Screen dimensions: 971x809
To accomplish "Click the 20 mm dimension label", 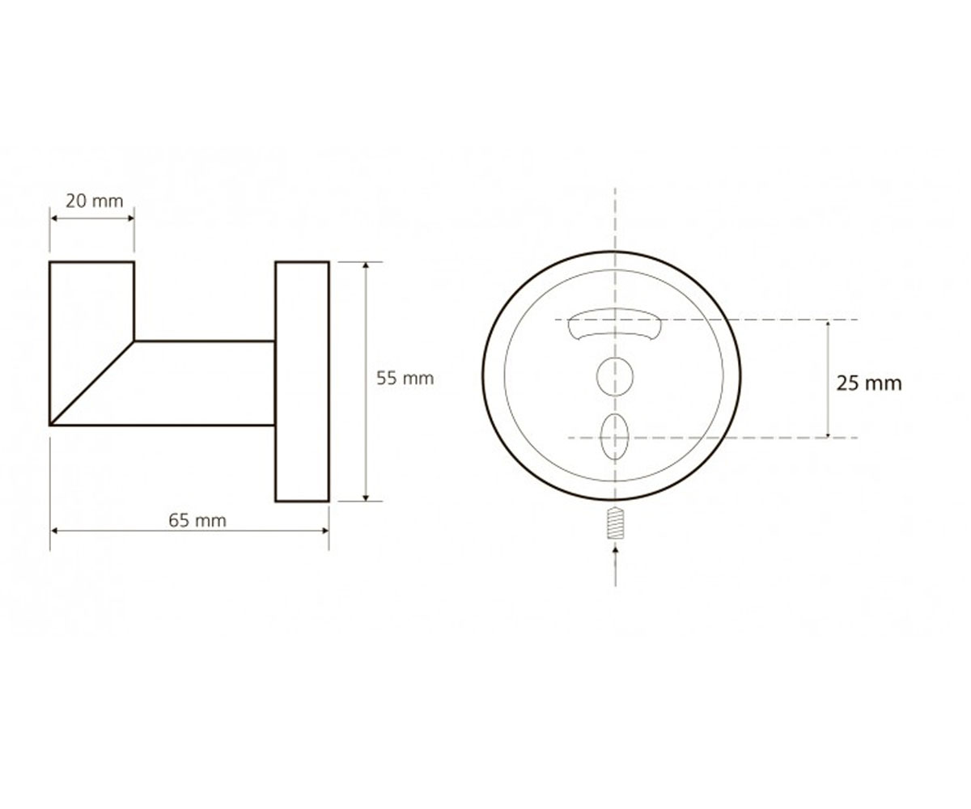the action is [95, 201].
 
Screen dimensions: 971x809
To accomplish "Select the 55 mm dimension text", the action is [405, 379].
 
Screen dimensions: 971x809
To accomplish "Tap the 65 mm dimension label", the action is [197, 520].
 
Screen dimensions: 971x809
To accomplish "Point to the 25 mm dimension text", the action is [869, 383].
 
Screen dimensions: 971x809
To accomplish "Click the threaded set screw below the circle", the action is [615, 523].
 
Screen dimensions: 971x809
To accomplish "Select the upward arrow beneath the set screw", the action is [615, 566].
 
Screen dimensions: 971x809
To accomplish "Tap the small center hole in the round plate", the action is [614, 377].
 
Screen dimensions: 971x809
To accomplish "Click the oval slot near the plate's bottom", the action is [614, 437].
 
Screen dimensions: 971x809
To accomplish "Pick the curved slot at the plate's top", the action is [614, 324].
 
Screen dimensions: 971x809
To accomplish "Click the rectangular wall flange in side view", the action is [303, 382].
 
